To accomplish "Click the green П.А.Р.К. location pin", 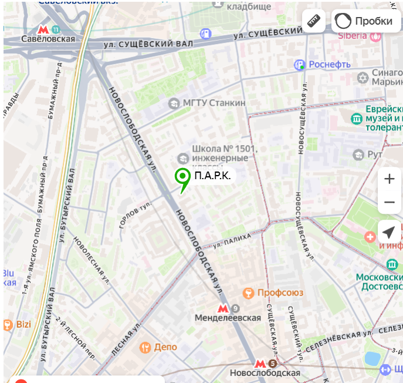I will pos(183,177).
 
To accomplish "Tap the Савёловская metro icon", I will pos(43,29).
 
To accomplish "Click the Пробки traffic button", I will pos(365,21).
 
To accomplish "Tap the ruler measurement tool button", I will pos(314,21).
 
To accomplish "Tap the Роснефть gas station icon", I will pos(300,64).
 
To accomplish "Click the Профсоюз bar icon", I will pos(249,293).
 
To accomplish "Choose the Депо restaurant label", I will pos(165,347).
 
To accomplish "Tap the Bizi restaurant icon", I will pos(8,324).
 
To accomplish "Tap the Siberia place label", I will pos(352,35).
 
